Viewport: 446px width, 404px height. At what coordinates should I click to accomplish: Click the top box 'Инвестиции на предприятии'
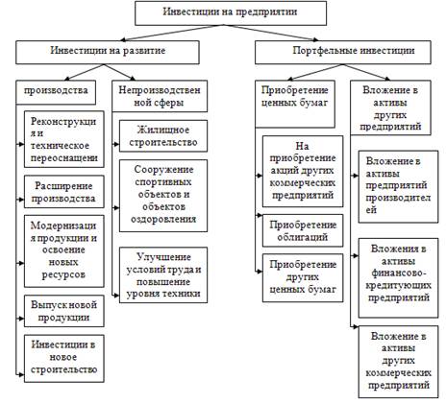(231, 13)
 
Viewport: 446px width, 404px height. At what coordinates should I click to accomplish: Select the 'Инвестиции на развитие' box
(108, 52)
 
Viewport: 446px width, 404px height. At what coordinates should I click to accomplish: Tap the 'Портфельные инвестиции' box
(343, 52)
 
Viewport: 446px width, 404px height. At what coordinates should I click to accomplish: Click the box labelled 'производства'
(56, 92)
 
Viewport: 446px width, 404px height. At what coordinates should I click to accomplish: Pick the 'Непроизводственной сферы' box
(160, 96)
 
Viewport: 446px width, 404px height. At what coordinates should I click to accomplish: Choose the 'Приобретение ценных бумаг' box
(295, 104)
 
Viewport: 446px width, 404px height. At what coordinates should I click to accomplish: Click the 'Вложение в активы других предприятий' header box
(390, 107)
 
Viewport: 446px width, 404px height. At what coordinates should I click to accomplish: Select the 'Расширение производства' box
(64, 192)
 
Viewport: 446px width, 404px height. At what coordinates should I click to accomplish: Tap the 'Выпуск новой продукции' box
(64, 311)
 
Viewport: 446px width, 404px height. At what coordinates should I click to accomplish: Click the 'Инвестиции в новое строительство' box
(64, 359)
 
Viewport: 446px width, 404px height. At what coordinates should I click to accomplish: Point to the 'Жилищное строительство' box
(163, 136)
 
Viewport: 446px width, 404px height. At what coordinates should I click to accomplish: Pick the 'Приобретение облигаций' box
(303, 230)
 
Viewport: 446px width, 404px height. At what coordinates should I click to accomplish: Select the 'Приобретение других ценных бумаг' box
(303, 278)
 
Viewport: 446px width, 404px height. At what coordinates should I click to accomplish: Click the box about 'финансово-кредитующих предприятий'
(398, 278)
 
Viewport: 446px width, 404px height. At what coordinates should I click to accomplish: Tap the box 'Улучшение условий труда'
(163, 275)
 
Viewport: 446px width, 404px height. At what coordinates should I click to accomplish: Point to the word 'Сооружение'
(163, 170)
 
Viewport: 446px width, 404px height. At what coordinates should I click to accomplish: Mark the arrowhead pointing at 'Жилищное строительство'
(116, 144)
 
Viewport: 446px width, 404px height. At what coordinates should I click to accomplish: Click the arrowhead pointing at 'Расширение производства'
(21, 200)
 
